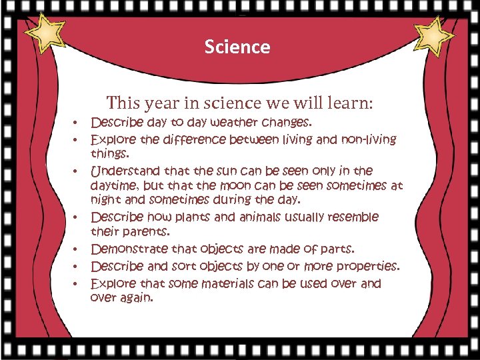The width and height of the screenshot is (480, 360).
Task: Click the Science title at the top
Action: (237, 47)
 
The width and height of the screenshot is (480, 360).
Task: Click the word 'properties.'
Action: (368, 267)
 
